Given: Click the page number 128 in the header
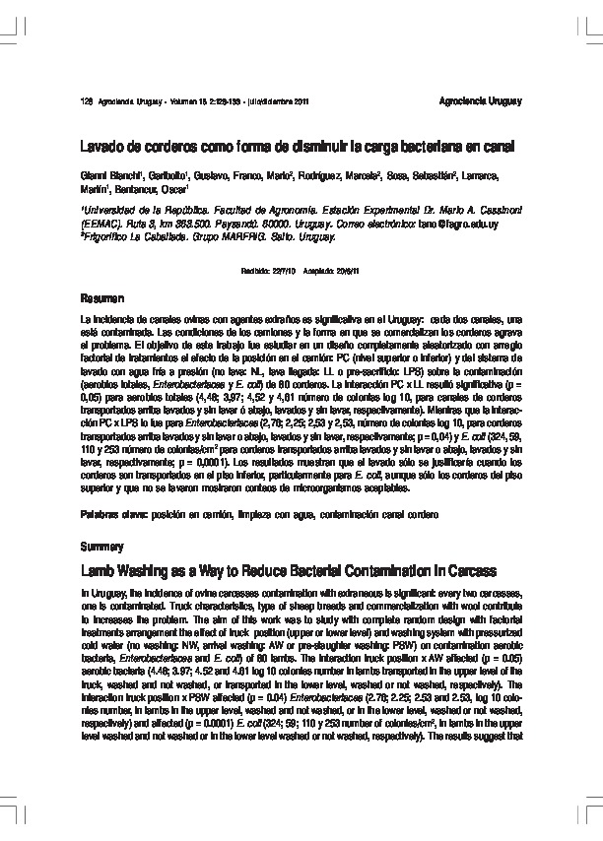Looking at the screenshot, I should [85, 101].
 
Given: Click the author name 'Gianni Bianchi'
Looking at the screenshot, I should [110, 175].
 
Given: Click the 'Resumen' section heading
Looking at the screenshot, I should [101, 297].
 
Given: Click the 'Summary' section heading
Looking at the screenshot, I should [101, 546].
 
